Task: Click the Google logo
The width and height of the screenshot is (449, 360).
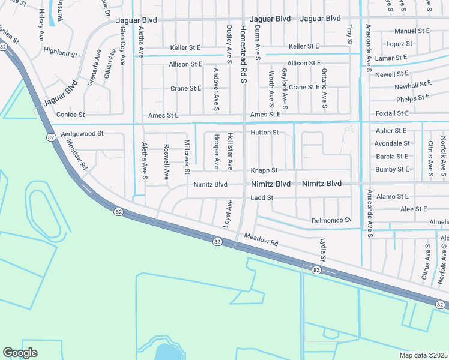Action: (20, 353)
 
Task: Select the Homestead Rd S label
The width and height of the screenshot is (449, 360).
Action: (243, 55)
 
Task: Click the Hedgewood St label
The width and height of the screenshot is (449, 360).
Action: (82, 134)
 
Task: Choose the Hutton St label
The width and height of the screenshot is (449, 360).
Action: (265, 132)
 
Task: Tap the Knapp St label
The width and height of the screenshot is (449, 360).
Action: (264, 170)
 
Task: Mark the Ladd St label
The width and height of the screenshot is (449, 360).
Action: (262, 197)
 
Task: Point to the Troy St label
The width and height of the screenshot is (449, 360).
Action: (349, 34)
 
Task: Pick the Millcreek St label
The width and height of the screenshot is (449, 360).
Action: (187, 158)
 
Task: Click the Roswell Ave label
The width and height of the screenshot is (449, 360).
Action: (167, 162)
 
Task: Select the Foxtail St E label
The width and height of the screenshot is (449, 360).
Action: (391, 113)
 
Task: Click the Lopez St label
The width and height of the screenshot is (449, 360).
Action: (399, 44)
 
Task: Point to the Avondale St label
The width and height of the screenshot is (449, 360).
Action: (392, 143)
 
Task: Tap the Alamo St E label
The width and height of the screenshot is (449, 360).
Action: (391, 196)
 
